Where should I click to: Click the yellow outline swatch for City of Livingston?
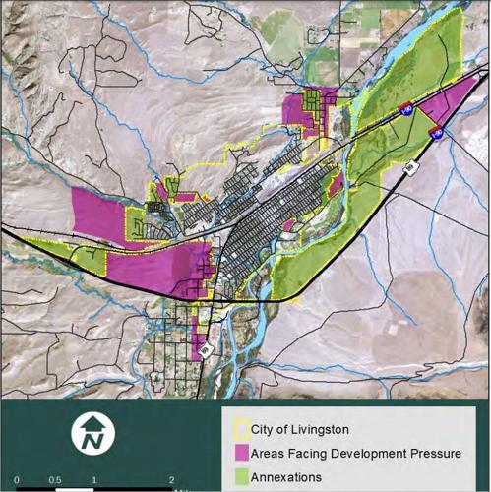240,429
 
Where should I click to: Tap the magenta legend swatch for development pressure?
240,453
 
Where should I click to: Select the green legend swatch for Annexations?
240,475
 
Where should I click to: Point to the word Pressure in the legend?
430,453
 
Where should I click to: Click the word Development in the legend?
357,453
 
